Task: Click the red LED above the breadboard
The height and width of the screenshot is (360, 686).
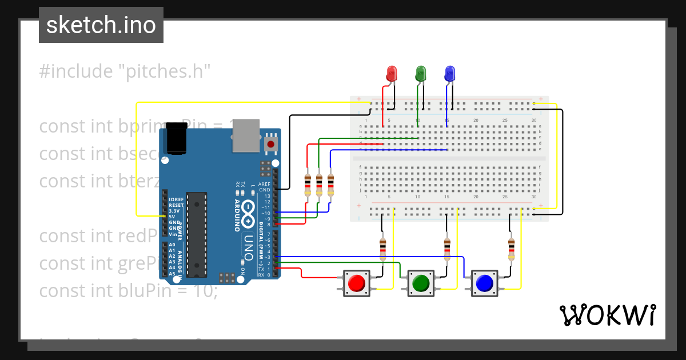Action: [x=392, y=74]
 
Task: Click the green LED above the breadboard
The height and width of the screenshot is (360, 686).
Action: [x=421, y=74]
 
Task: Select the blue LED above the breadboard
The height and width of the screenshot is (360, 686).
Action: [x=450, y=74]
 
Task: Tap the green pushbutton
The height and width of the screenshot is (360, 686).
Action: [x=421, y=283]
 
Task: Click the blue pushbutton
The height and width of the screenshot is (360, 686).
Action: [x=484, y=283]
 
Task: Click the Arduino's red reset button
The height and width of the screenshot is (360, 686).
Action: [x=270, y=145]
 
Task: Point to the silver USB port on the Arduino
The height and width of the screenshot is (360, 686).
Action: [x=246, y=136]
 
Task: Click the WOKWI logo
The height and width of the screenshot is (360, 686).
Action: [x=607, y=315]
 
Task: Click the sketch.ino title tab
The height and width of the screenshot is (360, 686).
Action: [x=101, y=25]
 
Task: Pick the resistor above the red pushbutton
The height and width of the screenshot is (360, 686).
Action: [x=383, y=248]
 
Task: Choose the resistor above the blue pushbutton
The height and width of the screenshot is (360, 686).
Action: [x=511, y=248]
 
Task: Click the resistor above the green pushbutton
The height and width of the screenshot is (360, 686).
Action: [x=447, y=248]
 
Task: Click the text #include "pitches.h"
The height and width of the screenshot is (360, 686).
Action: [x=125, y=71]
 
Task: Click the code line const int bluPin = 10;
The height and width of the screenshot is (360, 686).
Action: [x=129, y=290]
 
